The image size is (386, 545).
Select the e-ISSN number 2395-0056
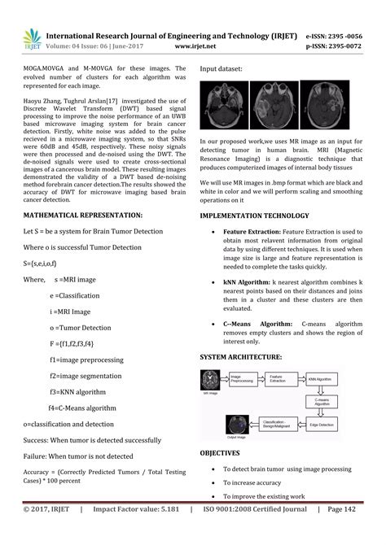[x=345, y=36]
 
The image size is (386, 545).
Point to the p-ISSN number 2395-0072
[x=345, y=47]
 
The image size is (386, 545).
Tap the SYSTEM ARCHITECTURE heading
[x=242, y=357]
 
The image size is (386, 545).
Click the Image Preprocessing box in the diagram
[x=243, y=379]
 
